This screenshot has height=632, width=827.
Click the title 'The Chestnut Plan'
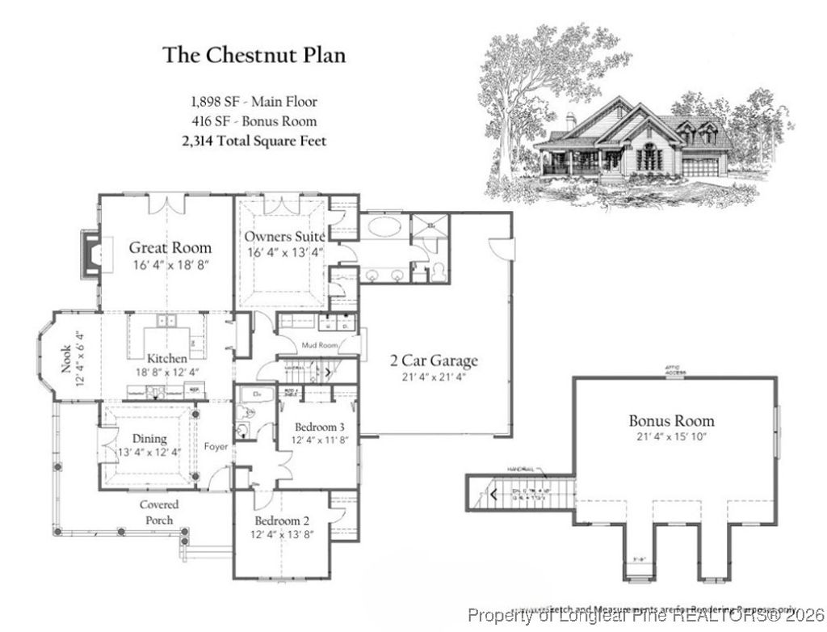(254, 55)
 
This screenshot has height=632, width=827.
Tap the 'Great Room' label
(170, 247)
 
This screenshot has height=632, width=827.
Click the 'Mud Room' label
(317, 345)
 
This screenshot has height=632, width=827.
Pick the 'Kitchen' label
(167, 358)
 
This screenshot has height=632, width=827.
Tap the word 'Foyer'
(216, 446)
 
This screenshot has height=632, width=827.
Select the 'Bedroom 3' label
(319, 426)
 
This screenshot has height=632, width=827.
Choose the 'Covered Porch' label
(159, 512)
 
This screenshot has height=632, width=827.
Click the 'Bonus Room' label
(671, 421)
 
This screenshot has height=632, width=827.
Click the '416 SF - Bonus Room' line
(254, 121)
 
